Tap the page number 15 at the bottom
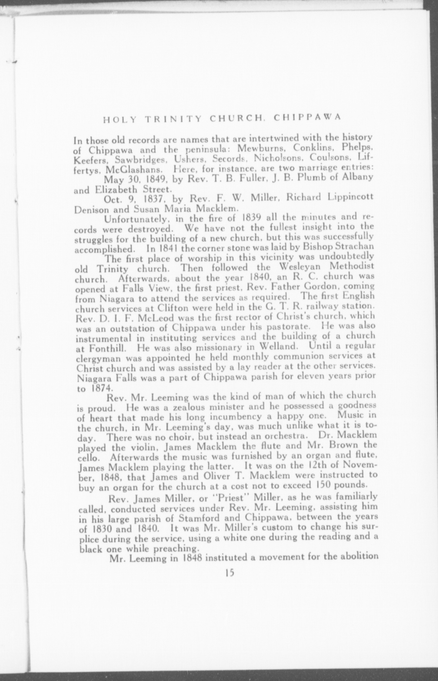(229, 573)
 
